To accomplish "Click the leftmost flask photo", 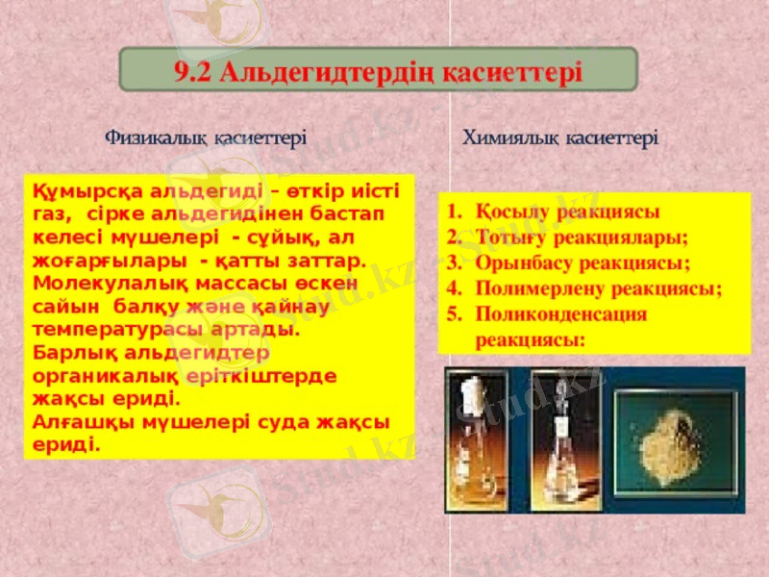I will click(x=482, y=438).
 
